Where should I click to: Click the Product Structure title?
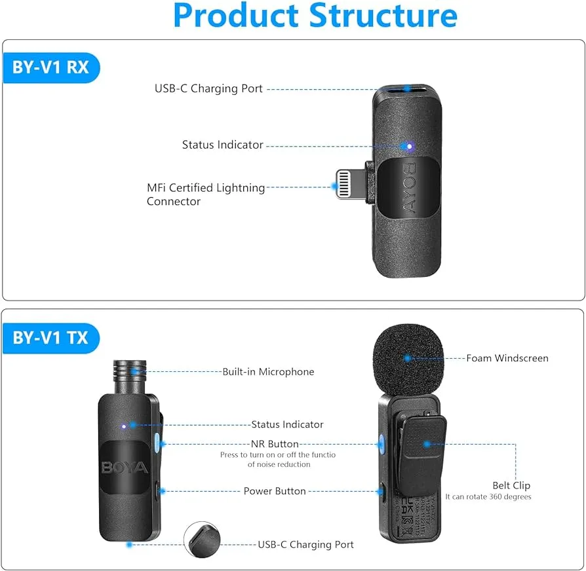(315, 15)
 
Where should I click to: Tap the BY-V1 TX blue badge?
(51, 338)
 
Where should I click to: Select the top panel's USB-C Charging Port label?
(208, 88)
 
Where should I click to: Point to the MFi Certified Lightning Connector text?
(205, 194)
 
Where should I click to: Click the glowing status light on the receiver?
(408, 146)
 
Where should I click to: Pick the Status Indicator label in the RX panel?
(222, 145)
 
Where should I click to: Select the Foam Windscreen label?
(507, 358)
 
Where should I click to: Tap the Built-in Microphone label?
(268, 372)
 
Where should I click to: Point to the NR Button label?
(275, 444)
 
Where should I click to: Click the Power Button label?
(275, 490)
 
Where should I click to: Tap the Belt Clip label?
(511, 485)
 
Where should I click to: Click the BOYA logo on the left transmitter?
(125, 468)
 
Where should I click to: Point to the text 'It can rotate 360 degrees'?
(488, 497)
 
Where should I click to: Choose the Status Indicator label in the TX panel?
(287, 424)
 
